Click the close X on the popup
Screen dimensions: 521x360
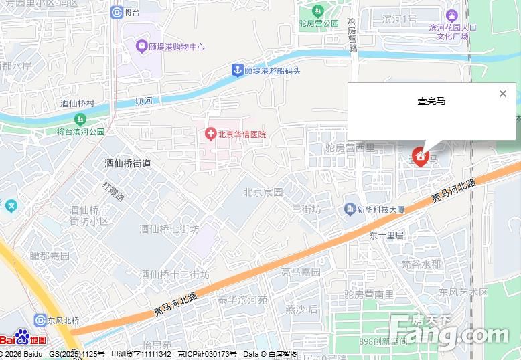(503, 94)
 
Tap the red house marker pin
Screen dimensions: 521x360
(421, 157)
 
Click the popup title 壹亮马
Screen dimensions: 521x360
(431, 102)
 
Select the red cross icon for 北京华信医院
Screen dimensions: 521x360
(210, 134)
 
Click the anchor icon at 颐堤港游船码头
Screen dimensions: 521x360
(236, 70)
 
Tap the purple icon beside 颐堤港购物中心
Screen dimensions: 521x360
(141, 47)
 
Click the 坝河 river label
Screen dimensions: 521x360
(143, 101)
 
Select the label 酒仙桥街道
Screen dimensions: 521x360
(128, 163)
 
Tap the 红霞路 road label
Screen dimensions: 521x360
(113, 188)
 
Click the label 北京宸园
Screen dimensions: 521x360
(263, 192)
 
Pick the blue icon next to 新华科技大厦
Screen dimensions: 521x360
(350, 209)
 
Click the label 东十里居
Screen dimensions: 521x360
(387, 236)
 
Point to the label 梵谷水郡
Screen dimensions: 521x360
(421, 264)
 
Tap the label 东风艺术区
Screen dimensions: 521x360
(463, 292)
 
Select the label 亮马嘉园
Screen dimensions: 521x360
(300, 272)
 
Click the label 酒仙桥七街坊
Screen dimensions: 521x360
(169, 229)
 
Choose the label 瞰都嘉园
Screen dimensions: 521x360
(50, 256)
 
